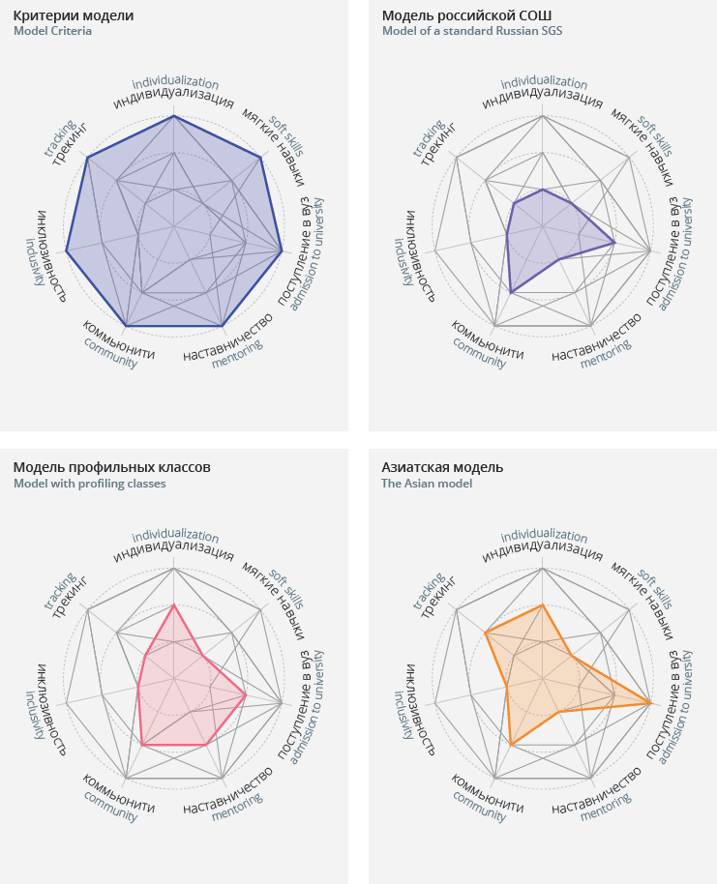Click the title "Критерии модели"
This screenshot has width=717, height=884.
(x=74, y=15)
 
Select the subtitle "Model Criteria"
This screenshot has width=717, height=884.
(x=52, y=31)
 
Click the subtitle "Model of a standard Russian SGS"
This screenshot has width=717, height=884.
(x=471, y=31)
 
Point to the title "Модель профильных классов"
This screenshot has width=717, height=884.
(x=111, y=467)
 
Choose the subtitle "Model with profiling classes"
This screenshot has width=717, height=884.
(x=89, y=483)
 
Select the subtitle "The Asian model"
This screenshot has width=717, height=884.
(x=427, y=483)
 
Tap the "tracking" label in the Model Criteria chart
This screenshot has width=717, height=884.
(x=60, y=137)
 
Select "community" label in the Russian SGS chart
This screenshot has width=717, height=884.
(x=479, y=358)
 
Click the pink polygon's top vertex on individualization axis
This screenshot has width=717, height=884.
(x=173, y=604)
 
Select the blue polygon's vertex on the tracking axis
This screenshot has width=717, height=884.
(x=88, y=157)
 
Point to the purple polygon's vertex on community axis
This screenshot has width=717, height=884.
(x=510, y=292)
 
